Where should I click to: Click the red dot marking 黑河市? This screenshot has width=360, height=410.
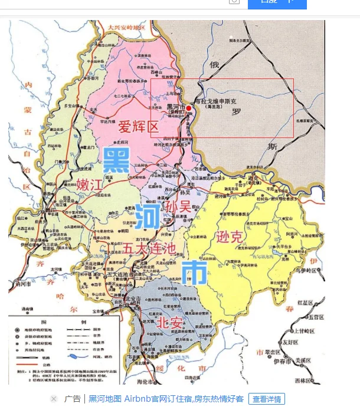point(189,108)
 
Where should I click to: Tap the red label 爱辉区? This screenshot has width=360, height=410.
point(139,127)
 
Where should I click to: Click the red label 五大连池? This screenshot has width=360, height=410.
point(149,248)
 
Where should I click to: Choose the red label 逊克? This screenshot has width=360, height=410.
point(230,237)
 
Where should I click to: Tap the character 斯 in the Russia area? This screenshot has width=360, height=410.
point(272,146)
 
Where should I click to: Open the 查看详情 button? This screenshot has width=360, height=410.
point(266,399)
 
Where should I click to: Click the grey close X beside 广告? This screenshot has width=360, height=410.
point(54,399)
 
